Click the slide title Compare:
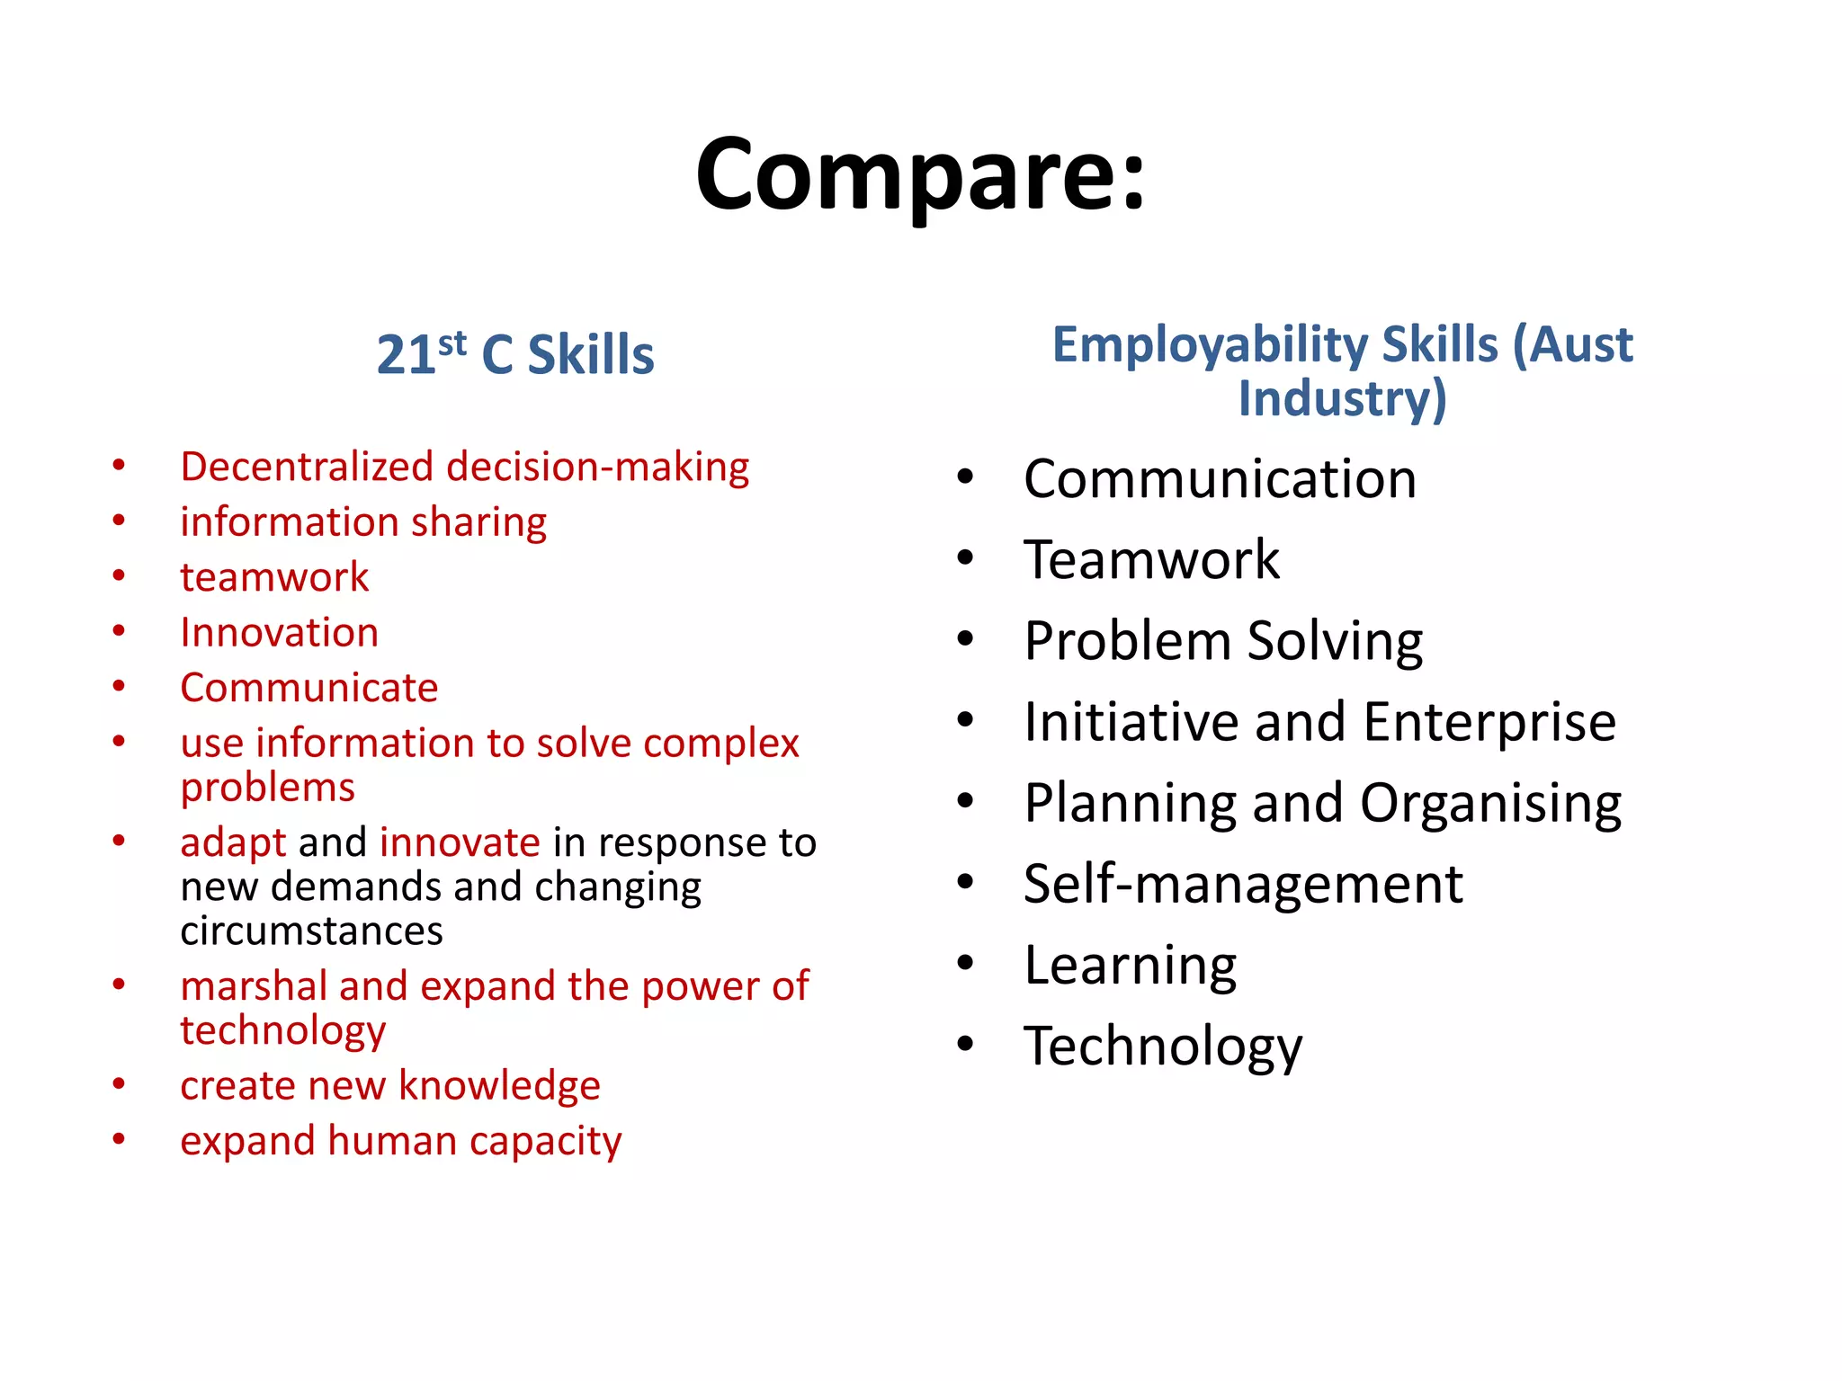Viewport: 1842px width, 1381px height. [x=920, y=175]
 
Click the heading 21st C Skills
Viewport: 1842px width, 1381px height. [x=514, y=353]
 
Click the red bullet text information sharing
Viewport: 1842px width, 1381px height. [x=362, y=522]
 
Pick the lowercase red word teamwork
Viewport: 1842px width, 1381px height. [x=274, y=577]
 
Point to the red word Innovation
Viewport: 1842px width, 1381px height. [x=279, y=633]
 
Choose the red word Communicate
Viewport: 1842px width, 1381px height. [x=308, y=688]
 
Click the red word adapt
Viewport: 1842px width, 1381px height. [x=233, y=843]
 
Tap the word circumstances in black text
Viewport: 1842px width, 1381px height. [x=311, y=931]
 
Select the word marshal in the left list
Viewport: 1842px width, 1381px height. [x=254, y=986]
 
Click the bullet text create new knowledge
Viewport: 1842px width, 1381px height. [x=389, y=1086]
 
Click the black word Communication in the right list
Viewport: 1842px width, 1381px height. [x=1220, y=478]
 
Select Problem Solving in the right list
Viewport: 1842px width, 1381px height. [x=1223, y=641]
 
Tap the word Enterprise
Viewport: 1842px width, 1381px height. [x=1489, y=722]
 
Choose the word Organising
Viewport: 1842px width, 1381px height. [x=1490, y=803]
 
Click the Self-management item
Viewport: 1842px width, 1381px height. [x=1243, y=884]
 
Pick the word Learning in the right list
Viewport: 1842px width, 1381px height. [x=1131, y=966]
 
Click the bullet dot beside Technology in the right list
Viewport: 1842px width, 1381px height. [x=966, y=1044]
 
